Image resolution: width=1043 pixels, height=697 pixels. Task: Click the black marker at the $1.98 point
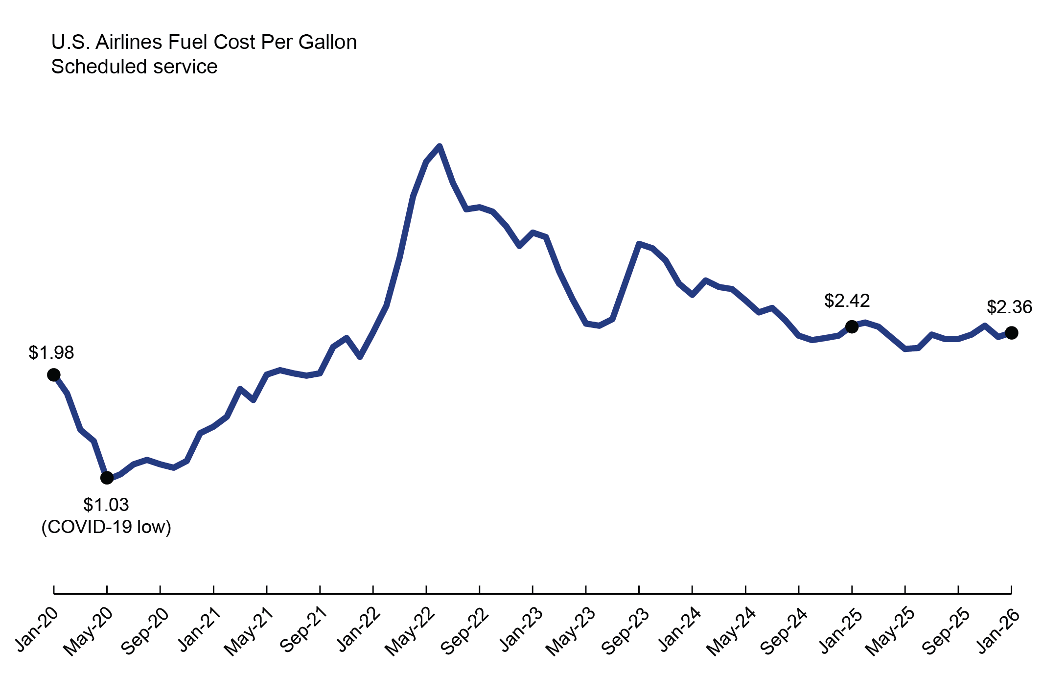click(x=54, y=375)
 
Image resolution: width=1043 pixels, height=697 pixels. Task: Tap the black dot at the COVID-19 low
click(x=107, y=478)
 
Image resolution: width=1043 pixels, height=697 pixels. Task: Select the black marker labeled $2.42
click(x=852, y=326)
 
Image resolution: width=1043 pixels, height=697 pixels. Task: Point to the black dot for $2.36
click(x=1011, y=333)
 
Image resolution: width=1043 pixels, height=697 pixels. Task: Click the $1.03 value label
click(x=106, y=505)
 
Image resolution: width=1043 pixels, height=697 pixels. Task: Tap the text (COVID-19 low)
click(x=106, y=527)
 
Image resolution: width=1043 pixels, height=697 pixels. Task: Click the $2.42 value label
click(x=847, y=301)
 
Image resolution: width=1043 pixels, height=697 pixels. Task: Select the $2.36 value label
click(x=1009, y=307)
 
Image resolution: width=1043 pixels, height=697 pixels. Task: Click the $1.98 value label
click(x=51, y=353)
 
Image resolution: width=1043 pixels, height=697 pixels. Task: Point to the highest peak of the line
click(x=440, y=146)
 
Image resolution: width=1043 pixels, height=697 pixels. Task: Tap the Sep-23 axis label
click(x=625, y=632)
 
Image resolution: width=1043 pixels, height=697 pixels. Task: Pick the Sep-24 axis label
click(x=784, y=632)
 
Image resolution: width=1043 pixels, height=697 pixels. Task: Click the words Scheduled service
click(x=134, y=67)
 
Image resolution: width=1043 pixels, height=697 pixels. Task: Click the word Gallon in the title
click(x=327, y=42)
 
